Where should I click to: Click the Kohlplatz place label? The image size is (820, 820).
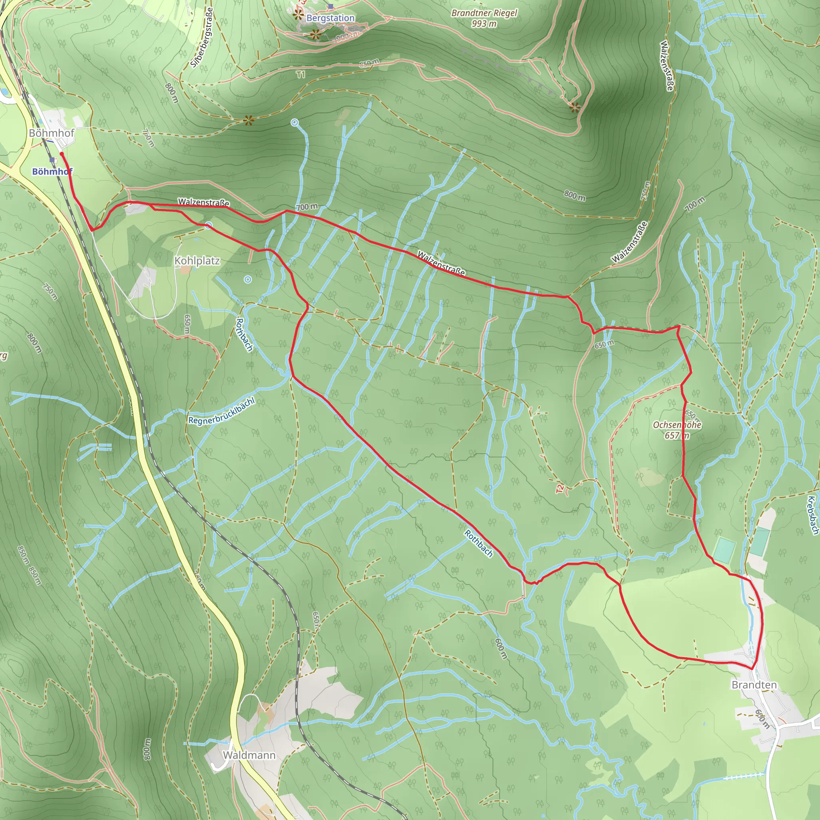[197, 261]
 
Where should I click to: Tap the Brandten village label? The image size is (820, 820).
[754, 685]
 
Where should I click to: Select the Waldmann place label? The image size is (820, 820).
[249, 755]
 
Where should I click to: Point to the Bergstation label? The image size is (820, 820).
[330, 18]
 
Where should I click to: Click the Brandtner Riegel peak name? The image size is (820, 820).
[484, 13]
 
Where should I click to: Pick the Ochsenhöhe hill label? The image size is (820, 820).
[677, 425]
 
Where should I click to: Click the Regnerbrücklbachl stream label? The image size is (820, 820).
[221, 411]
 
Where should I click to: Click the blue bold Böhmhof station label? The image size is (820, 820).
[52, 171]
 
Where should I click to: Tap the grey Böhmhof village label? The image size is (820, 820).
[51, 133]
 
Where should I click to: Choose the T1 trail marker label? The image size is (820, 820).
[301, 75]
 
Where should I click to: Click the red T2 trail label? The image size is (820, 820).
[560, 489]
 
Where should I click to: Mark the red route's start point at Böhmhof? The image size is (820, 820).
[62, 154]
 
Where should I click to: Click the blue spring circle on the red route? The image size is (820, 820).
[208, 225]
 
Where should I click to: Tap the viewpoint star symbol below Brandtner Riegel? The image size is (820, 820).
[575, 108]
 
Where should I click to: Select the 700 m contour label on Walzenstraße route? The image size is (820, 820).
[306, 207]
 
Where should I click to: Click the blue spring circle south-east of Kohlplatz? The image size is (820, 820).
[248, 279]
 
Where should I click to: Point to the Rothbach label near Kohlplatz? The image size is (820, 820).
[245, 335]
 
